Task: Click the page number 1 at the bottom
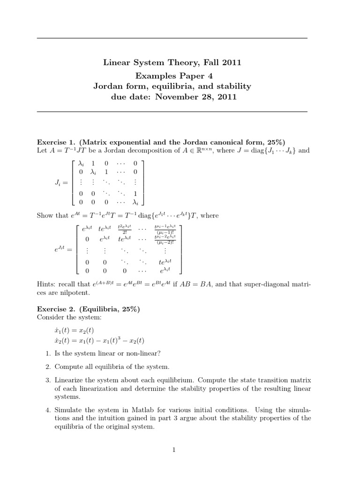(173, 450)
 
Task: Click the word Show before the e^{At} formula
(45, 216)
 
